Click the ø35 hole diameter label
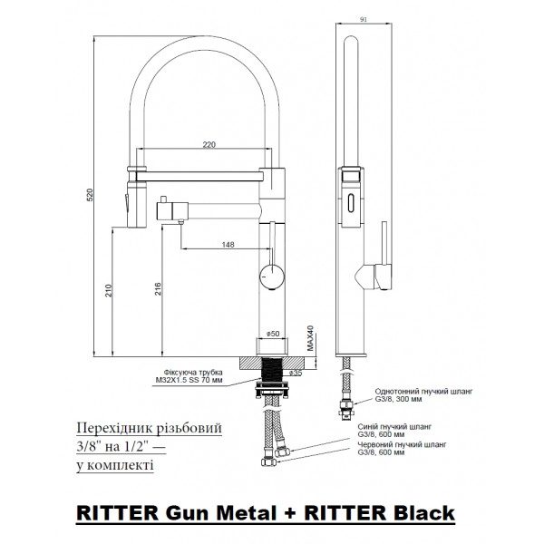pyautogui.click(x=294, y=372)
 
